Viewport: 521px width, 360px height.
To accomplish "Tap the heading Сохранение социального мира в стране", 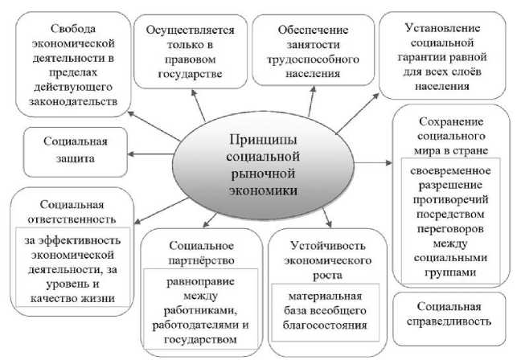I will pos(450,134).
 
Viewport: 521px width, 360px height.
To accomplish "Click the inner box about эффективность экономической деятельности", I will pos(72,268).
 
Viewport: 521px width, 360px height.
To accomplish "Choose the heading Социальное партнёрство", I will pos(202,252).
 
